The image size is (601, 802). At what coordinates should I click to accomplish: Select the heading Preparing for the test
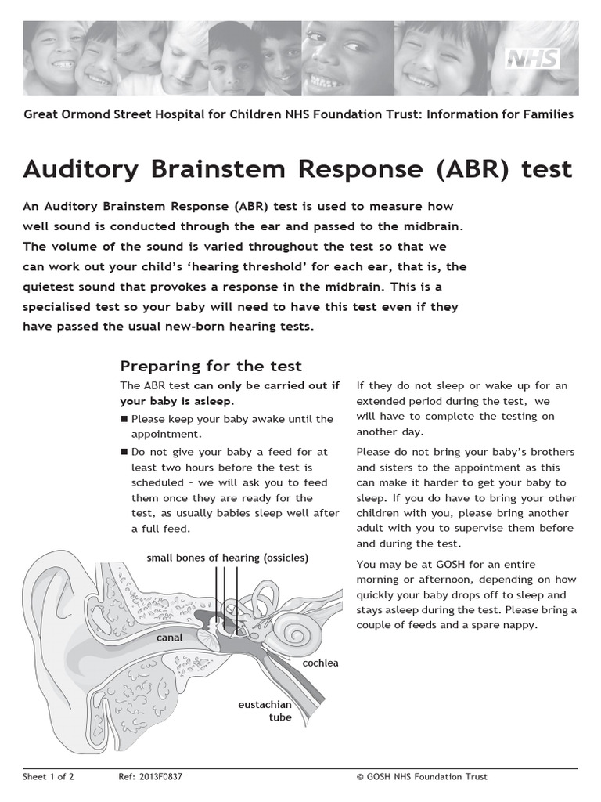point(211,366)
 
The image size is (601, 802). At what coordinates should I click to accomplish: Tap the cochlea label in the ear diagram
point(321,663)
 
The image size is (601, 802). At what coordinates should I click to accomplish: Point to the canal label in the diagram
point(169,638)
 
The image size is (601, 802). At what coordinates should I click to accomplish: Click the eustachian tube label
point(265,711)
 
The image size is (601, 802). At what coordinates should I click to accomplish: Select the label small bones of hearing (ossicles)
point(228,558)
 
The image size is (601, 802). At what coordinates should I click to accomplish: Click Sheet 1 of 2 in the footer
point(48,776)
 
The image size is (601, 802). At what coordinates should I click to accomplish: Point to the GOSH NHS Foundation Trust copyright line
point(422,776)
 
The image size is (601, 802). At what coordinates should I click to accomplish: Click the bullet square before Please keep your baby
point(124,419)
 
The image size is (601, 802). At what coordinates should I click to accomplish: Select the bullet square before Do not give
point(124,452)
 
